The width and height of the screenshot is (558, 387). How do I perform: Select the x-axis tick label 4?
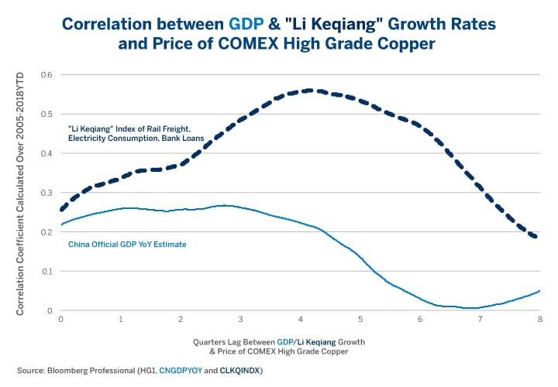[x=301, y=319]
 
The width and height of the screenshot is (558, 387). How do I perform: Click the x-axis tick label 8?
[x=539, y=319]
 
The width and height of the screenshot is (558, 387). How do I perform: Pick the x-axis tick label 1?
[x=121, y=319]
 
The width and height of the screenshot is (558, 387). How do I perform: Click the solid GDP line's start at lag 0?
[x=61, y=224]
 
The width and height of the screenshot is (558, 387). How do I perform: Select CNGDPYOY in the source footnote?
[x=181, y=370]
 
